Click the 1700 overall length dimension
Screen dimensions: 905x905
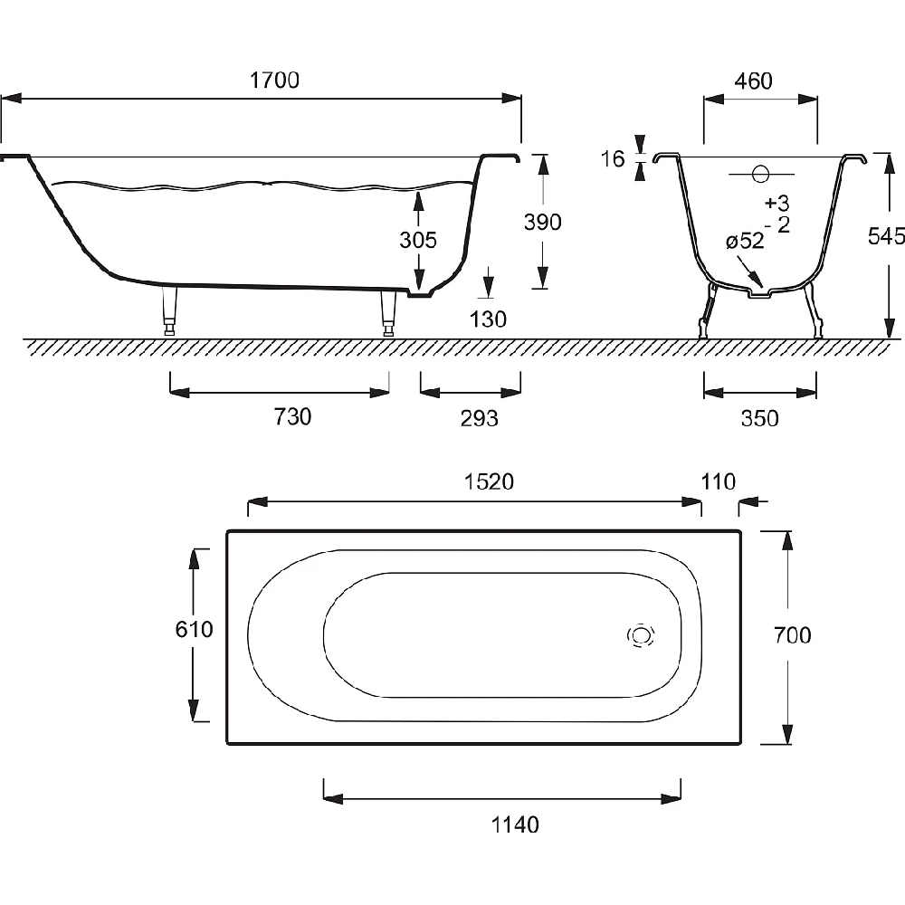tap(275, 81)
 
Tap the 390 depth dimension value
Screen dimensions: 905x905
tap(542, 222)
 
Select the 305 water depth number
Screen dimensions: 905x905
tap(418, 240)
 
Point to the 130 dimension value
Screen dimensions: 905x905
tap(488, 319)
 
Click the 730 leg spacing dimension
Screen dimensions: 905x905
tap(292, 416)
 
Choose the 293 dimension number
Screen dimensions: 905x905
tap(479, 418)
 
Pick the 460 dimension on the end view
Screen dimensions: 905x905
tap(753, 81)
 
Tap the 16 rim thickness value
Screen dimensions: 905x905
tap(613, 158)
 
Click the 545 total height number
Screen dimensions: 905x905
tap(886, 235)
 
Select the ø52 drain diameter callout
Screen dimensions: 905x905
tap(745, 241)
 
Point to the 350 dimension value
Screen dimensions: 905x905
tap(759, 418)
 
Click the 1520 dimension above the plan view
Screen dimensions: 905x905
tap(489, 481)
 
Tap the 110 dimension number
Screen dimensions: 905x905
tap(718, 481)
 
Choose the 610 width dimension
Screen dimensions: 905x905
tap(194, 629)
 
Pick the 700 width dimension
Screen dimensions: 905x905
tap(793, 635)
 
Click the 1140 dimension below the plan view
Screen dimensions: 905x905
tap(515, 824)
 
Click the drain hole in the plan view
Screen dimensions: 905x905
tap(641, 635)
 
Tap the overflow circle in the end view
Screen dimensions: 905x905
tap(761, 174)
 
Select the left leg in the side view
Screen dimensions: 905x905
tap(169, 310)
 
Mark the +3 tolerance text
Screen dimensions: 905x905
tap(776, 203)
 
